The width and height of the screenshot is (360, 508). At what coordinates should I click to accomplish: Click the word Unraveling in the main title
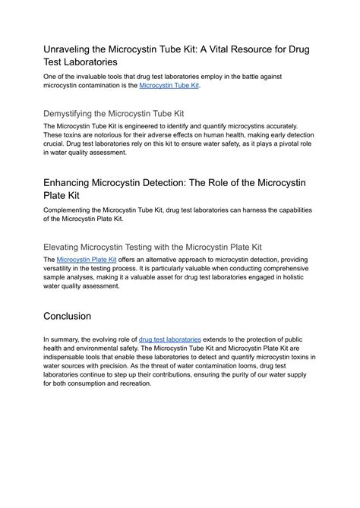click(73, 49)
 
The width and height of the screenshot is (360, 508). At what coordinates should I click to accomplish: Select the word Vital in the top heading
click(216, 49)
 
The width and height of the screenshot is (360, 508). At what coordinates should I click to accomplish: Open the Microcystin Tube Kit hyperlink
click(169, 86)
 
